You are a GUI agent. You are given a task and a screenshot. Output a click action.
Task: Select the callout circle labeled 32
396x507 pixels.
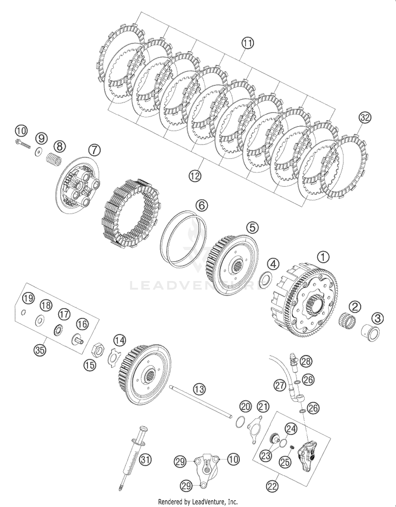coord(365,118)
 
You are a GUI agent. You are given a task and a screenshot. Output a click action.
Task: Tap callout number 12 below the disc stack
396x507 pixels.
coord(195,176)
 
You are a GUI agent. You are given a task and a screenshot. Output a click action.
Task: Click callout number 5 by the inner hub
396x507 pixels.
coord(253,227)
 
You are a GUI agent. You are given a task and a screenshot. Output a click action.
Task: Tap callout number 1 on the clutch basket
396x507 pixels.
coord(324,257)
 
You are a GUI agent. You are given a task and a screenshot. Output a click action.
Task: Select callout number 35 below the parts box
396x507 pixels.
coord(40,350)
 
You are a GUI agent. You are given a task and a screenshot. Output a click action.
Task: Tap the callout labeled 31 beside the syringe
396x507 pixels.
coord(145,460)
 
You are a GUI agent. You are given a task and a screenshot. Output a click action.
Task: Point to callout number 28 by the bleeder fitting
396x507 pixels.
coord(306,361)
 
